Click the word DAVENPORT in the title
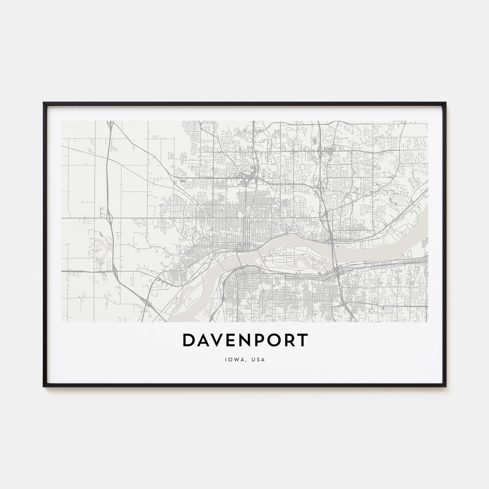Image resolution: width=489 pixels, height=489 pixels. (244, 341)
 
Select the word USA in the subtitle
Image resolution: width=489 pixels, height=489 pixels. (258, 359)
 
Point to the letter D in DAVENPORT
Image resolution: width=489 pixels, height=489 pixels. (188, 341)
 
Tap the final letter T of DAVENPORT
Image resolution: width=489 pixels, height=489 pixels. (303, 341)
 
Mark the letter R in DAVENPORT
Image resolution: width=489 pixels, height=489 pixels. (289, 341)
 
